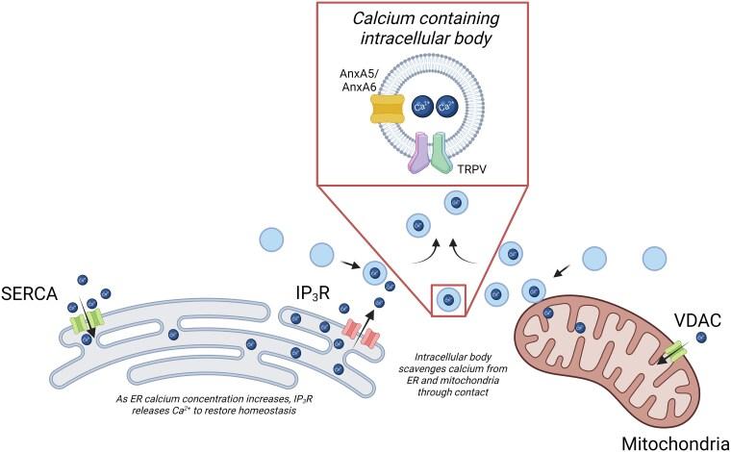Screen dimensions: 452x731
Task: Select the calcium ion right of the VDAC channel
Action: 701,337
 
